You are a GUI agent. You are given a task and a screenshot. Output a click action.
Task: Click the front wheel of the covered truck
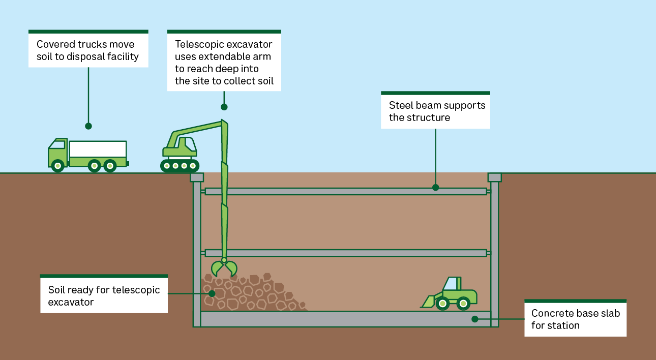pos(57,166)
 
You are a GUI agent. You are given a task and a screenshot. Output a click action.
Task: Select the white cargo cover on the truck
pos(98,149)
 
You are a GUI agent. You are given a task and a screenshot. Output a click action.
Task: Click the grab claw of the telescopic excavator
pos(224,267)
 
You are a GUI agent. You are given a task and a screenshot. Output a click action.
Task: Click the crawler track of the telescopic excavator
pos(180,166)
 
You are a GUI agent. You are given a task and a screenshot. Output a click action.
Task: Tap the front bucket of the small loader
pos(428,302)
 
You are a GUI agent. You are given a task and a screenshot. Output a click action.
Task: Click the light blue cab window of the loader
pos(450,284)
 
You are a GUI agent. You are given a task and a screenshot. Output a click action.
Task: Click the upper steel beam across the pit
pos(346,192)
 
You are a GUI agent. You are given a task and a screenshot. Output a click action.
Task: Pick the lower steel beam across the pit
pos(346,253)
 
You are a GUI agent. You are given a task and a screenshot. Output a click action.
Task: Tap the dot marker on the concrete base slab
pos(475,319)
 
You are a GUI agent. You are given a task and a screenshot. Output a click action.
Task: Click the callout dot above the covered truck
pos(88,126)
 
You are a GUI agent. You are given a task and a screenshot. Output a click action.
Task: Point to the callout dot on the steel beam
pos(435,188)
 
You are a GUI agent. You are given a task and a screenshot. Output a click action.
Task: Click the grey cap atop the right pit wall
pos(495,177)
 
